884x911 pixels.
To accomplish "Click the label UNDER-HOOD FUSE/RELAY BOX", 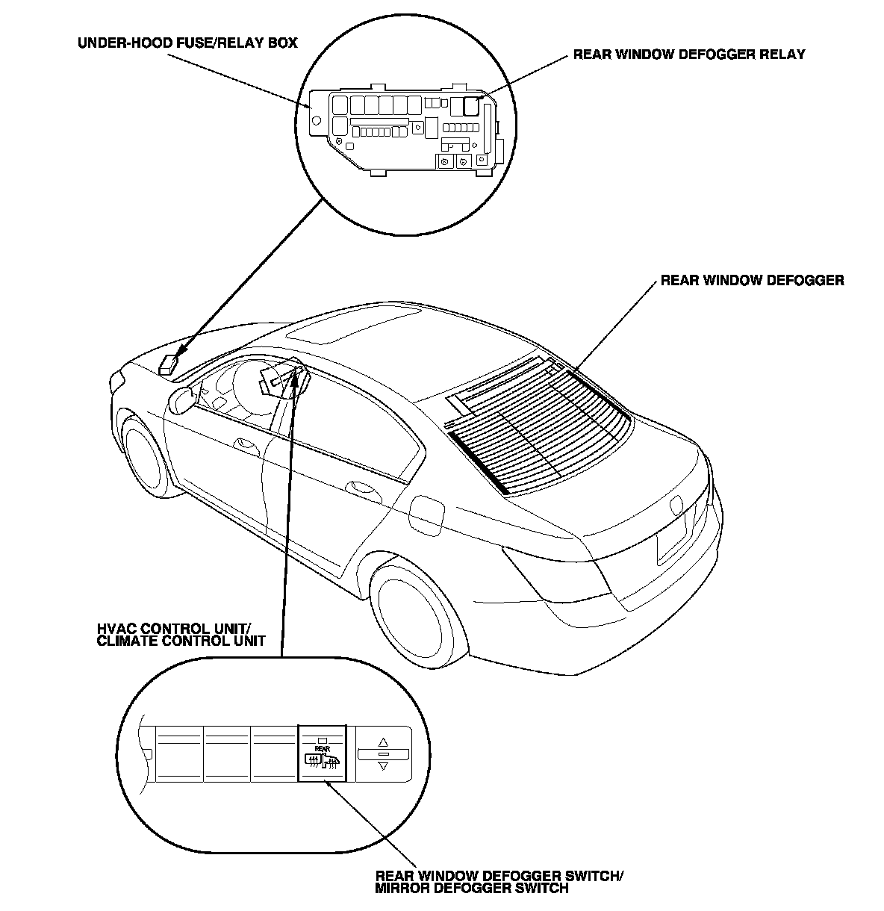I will [187, 43].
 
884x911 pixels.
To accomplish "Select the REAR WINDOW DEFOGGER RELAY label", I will [688, 55].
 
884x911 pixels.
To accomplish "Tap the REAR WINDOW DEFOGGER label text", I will [752, 281].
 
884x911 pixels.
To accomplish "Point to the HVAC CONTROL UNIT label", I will [181, 634].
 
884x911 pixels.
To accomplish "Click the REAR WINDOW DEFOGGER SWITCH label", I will [498, 882].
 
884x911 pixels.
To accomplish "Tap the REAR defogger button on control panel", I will [322, 754].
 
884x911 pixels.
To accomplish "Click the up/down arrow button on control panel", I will [383, 754].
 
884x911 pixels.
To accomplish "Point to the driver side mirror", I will [181, 399].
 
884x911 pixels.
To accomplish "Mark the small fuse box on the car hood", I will [169, 364].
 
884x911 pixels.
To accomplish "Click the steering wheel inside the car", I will [246, 384].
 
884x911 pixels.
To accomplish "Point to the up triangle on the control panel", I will [383, 742].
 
